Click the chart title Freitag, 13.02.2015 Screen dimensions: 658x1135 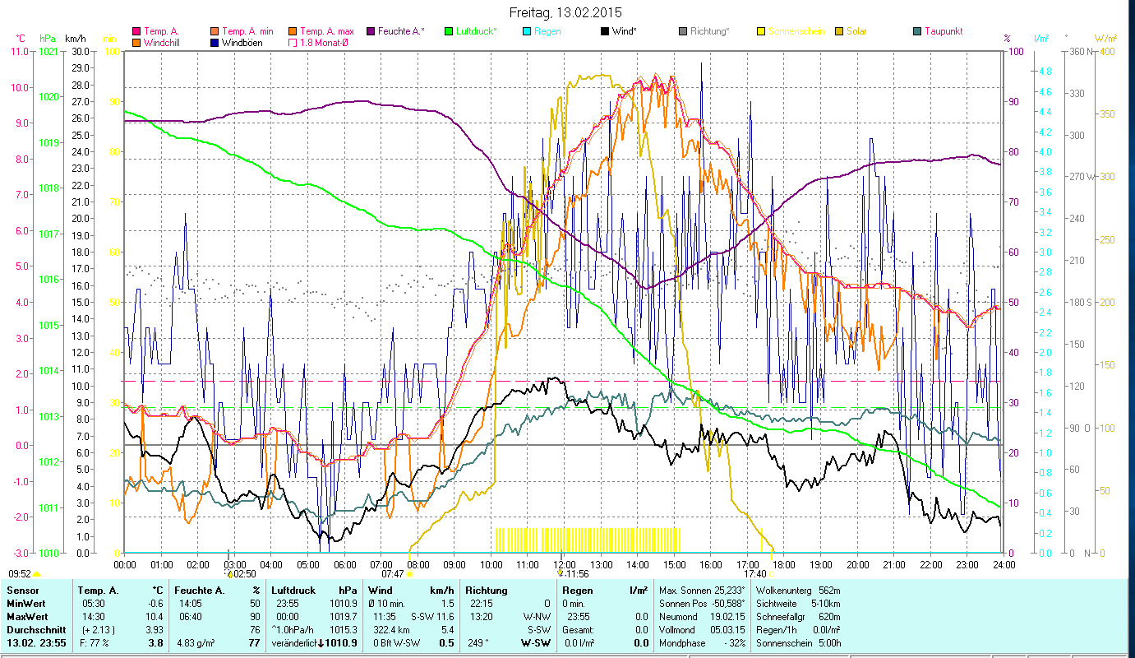(x=565, y=12)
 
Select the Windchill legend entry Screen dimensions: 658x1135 (x=164, y=43)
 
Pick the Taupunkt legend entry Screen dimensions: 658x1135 (x=943, y=31)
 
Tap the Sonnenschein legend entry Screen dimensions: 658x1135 (x=796, y=31)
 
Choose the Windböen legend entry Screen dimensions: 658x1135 (x=242, y=43)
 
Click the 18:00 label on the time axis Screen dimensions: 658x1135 (x=784, y=564)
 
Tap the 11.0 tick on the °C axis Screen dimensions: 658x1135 (x=19, y=51)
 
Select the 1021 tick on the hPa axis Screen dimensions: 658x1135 (x=48, y=51)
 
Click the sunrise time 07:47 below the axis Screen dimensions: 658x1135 (x=392, y=574)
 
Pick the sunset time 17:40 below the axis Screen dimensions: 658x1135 (x=754, y=574)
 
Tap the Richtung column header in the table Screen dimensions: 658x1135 (x=487, y=591)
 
